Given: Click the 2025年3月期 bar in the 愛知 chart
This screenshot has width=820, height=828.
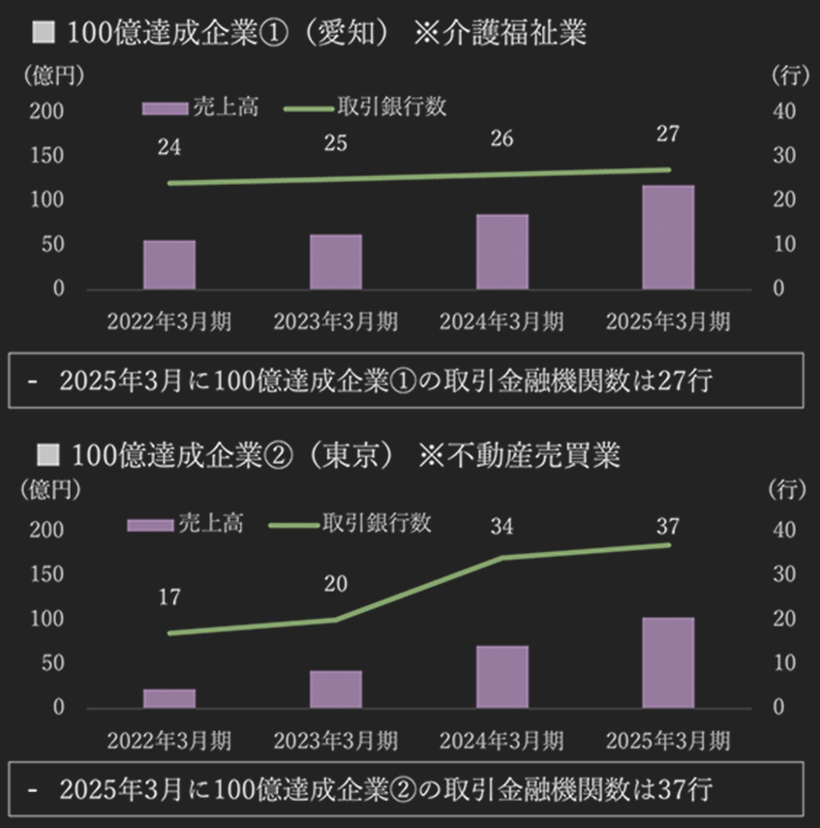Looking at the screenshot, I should click(x=668, y=237).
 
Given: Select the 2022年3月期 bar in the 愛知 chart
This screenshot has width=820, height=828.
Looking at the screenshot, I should click(x=169, y=264).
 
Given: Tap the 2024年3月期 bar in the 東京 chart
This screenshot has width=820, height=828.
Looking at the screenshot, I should click(x=501, y=676).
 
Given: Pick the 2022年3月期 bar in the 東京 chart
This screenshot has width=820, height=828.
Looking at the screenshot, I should click(x=169, y=697).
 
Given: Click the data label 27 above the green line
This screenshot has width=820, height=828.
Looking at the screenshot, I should click(x=667, y=134).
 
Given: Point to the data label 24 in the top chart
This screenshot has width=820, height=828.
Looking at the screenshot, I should click(x=169, y=148).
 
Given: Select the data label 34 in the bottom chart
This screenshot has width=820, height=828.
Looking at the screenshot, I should click(x=501, y=528).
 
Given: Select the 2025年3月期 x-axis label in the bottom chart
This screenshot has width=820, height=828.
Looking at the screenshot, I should click(x=667, y=741).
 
